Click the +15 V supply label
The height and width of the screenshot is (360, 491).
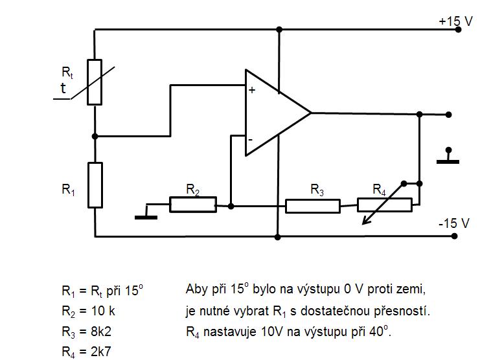(x=455, y=21)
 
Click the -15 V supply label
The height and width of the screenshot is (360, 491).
(x=453, y=223)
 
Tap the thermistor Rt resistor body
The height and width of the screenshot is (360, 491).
(x=95, y=82)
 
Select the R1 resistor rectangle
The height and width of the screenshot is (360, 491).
(x=95, y=185)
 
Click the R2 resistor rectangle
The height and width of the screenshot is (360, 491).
(x=192, y=205)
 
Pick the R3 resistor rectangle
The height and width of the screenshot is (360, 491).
(x=312, y=206)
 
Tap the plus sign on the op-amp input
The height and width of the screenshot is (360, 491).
(x=252, y=91)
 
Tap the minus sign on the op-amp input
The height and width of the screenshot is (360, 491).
(x=250, y=139)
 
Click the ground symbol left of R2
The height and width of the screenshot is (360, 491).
(x=146, y=216)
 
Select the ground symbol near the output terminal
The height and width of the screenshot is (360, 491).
(x=447, y=157)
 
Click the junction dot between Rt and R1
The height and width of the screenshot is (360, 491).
(x=95, y=136)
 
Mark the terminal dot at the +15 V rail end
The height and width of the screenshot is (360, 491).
(x=458, y=30)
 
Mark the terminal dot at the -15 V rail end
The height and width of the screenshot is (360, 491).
(x=455, y=236)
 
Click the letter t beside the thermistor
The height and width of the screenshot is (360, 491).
(x=63, y=89)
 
